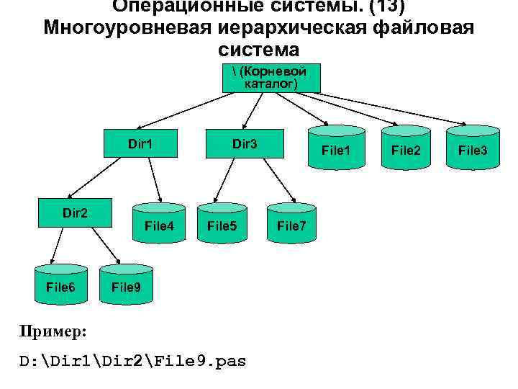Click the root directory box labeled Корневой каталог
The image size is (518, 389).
click(271, 78)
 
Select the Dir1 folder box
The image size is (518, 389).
click(141, 144)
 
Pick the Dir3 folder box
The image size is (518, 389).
click(245, 144)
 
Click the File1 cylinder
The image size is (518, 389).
click(336, 150)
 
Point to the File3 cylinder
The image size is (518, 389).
click(473, 150)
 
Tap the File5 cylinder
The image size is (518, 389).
click(222, 225)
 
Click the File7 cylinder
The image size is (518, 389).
click(292, 225)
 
